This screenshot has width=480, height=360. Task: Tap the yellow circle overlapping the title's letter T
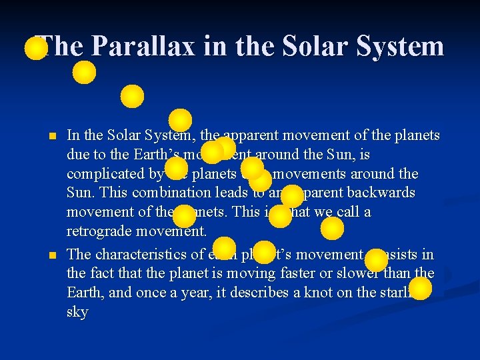(x=36, y=49)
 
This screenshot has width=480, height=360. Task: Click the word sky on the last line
(x=77, y=312)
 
